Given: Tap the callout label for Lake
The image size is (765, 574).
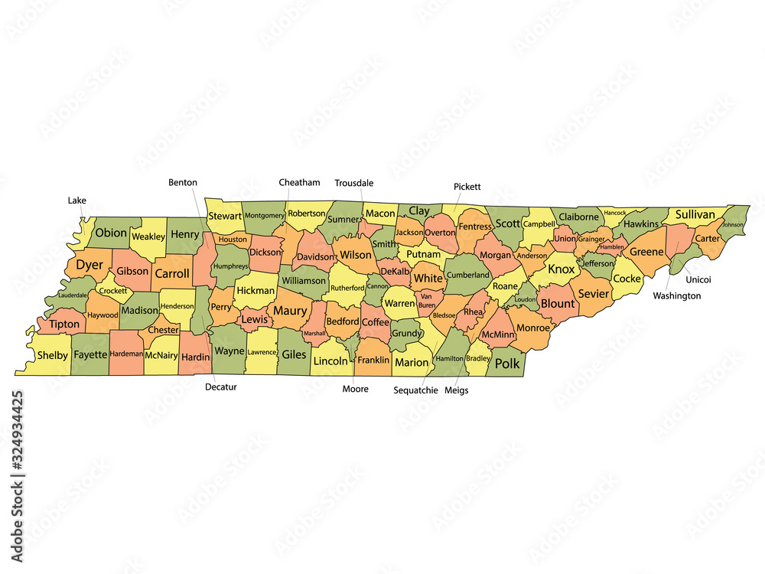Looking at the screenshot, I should click(76, 201).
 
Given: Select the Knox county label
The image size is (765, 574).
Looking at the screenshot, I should click(561, 269).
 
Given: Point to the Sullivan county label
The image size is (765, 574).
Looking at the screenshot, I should click(695, 214).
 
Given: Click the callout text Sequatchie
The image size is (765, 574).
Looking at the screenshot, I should click(415, 390).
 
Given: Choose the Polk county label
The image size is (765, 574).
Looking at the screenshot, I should click(506, 364).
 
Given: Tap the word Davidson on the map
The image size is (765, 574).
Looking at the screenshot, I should click(315, 256).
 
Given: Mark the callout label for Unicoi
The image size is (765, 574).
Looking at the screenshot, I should click(698, 279).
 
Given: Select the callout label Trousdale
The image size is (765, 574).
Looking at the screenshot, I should click(353, 183).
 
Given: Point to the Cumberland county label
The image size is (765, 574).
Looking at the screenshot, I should click(467, 276).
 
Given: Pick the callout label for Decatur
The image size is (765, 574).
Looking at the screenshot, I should click(221, 386).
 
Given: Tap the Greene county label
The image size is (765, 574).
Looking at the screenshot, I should click(646, 252).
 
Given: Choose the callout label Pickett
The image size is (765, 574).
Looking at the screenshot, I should click(467, 186).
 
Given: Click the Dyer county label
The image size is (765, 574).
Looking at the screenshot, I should click(90, 265).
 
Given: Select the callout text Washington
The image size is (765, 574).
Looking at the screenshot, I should click(676, 295).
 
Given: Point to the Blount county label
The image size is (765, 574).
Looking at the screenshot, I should click(557, 302).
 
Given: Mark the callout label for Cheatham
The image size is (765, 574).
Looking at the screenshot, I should click(299, 182).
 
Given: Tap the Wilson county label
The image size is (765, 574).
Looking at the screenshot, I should click(355, 254).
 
